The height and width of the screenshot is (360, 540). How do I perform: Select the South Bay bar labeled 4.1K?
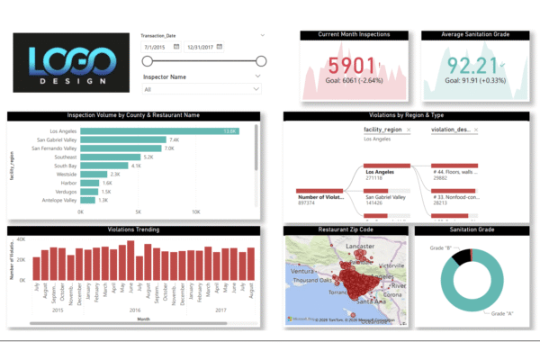(104, 166)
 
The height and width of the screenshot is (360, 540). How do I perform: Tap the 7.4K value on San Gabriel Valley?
(174, 140)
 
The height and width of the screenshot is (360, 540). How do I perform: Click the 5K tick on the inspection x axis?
(139, 212)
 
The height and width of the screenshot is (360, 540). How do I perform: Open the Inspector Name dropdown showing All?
(202, 89)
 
